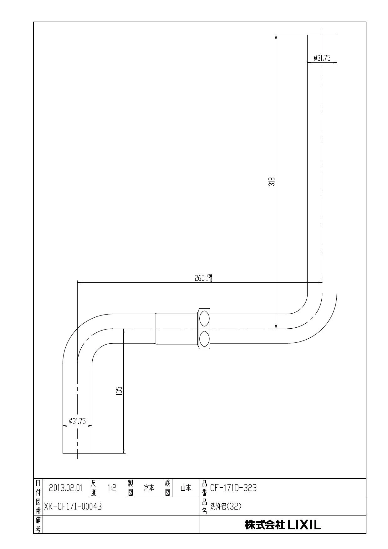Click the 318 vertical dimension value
click(273, 182)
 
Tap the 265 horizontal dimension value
click(200, 278)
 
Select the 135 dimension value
click(119, 391)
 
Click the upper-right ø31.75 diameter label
click(322, 58)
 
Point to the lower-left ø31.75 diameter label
click(77, 421)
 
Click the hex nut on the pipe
click(204, 329)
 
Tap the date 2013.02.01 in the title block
click(66, 488)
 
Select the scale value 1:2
click(112, 488)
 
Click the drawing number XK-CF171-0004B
click(73, 506)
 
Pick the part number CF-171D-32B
click(233, 488)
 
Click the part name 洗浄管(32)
click(226, 506)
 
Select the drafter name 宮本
click(149, 488)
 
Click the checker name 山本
click(186, 488)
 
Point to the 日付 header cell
click(38, 488)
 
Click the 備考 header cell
click(38, 525)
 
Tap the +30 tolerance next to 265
click(209, 276)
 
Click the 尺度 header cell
click(94, 488)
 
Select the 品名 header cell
click(204, 506)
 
